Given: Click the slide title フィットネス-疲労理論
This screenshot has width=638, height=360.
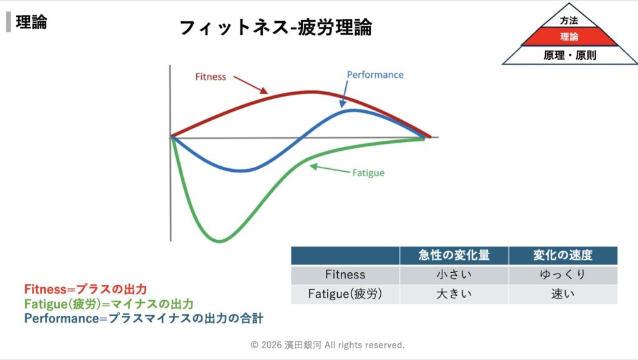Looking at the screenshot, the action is tap(275, 27).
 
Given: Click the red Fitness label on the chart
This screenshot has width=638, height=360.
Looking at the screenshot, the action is tap(211, 77).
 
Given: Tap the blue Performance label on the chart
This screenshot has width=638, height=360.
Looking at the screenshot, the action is tap(375, 75).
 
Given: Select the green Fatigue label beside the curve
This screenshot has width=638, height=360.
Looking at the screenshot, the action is tap(368, 173).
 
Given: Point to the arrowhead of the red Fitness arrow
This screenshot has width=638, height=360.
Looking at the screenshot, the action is tap(264, 91).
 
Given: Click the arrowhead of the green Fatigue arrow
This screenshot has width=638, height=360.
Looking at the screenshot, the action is tap(313, 166).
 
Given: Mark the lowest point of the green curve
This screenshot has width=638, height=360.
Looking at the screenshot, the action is tap(219, 241).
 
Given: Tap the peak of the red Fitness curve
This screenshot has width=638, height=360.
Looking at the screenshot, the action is tap(311, 92).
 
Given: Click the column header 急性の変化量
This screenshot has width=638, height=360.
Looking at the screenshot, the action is tap(454, 255).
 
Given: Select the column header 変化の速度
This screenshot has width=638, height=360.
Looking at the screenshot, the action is tap(563, 255).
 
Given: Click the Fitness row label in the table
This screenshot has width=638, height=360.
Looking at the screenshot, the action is tap(345, 275).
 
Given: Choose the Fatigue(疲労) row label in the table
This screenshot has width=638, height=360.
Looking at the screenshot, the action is tap(345, 294).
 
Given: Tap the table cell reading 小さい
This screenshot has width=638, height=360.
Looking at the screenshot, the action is tap(454, 275).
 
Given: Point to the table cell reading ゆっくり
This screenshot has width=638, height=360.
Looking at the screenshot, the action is tap(563, 275).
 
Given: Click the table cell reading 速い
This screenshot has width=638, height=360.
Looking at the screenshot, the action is tap(563, 294).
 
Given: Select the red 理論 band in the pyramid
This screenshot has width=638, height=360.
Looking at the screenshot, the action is tap(569, 37).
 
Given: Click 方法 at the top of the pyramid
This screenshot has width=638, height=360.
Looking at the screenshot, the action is tap(569, 21).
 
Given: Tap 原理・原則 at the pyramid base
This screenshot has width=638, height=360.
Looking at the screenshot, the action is tap(569, 55).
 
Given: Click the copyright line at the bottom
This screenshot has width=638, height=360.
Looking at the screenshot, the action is tap(328, 345).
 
